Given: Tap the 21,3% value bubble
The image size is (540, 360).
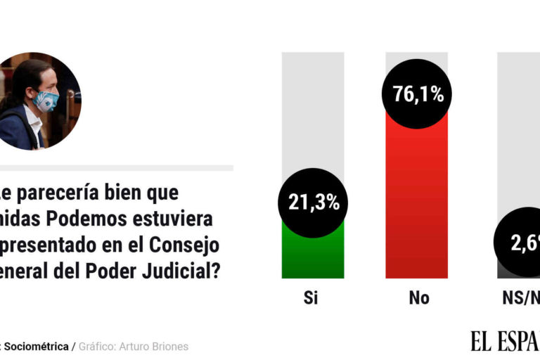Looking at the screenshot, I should click(x=314, y=202).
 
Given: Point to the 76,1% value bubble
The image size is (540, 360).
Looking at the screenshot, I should click(x=417, y=94).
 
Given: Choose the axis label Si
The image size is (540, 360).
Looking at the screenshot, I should click(x=311, y=298).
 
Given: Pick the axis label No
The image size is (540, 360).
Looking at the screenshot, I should click(x=418, y=298).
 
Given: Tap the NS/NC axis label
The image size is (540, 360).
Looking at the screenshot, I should click(x=523, y=298).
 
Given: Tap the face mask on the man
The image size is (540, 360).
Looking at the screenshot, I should click(x=46, y=101).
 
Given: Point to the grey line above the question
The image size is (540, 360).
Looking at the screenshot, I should click(x=116, y=168).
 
